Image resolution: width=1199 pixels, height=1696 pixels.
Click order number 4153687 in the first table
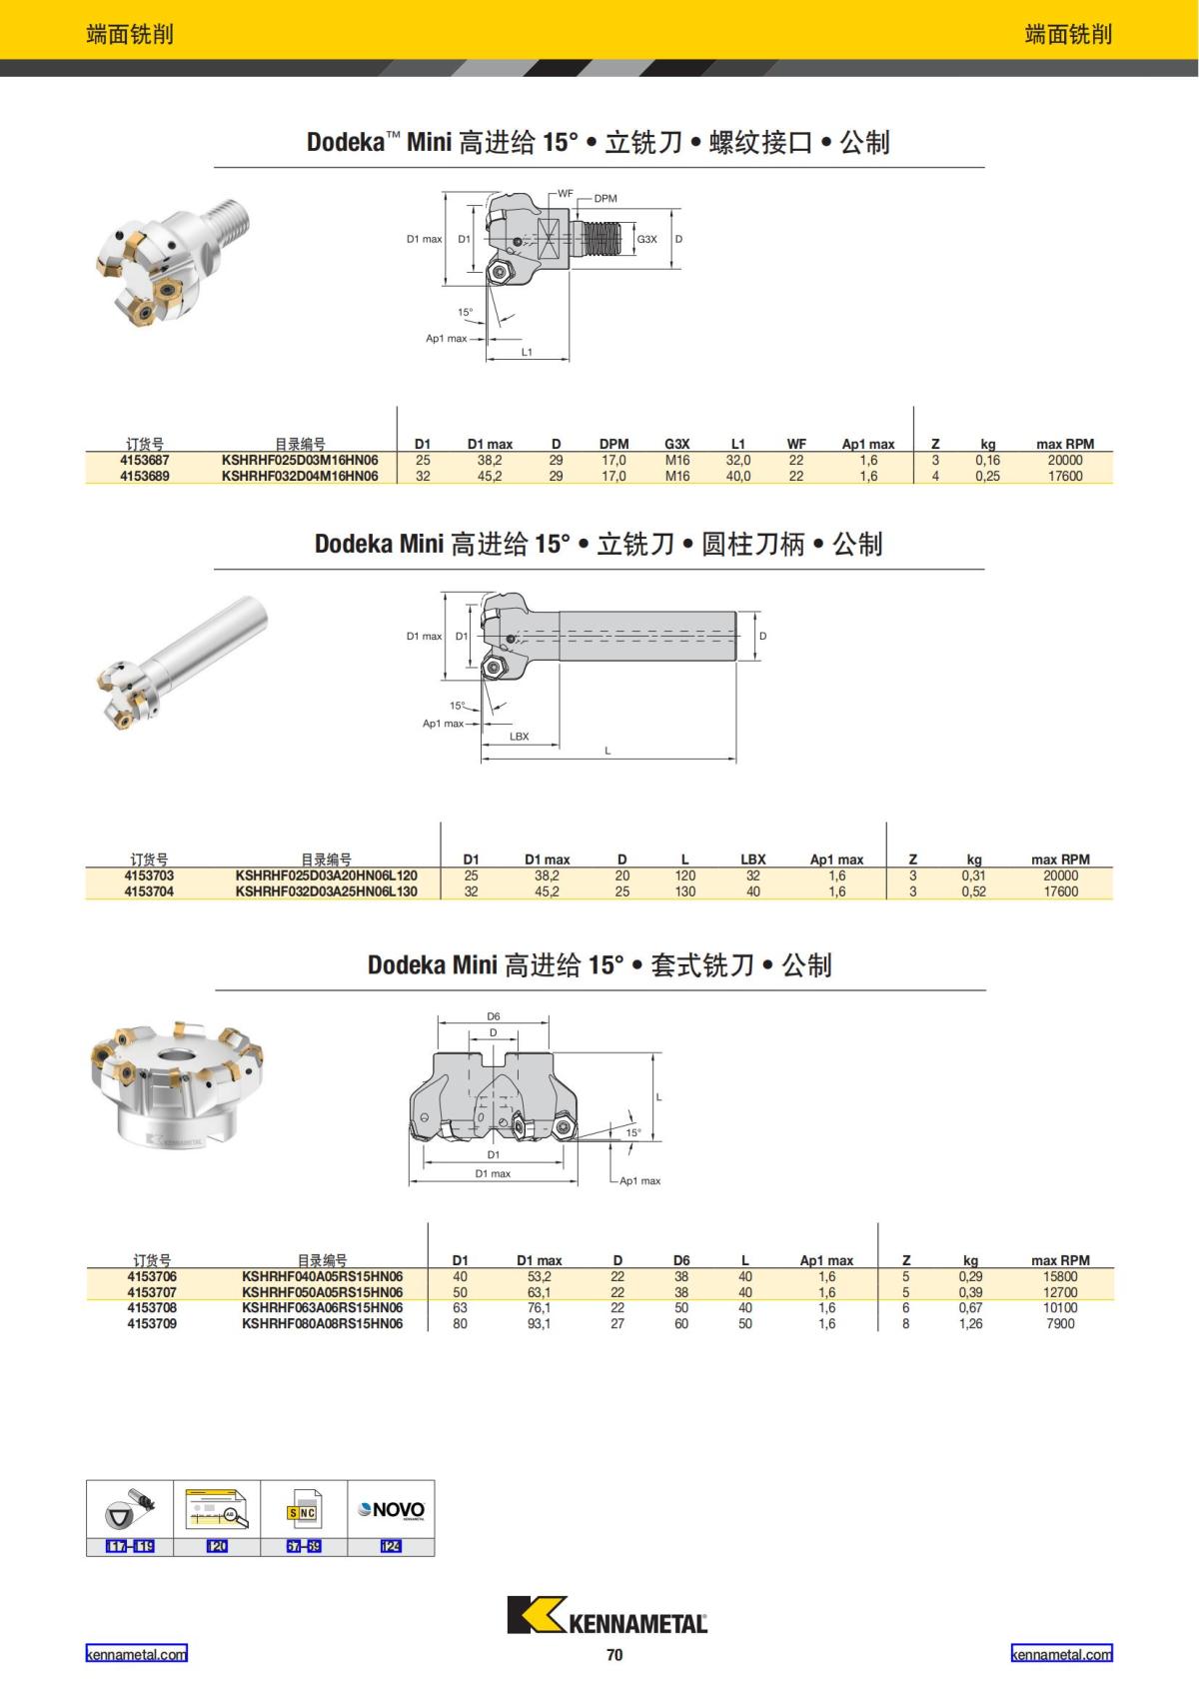click(x=145, y=461)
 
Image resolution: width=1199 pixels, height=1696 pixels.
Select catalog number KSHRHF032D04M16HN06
click(x=300, y=477)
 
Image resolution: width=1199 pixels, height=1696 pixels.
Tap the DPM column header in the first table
click(x=613, y=445)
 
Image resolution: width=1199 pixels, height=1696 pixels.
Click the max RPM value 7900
click(x=1060, y=1323)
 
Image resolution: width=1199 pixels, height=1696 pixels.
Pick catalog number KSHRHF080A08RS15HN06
click(x=323, y=1323)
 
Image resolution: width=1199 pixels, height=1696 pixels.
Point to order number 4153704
click(x=149, y=891)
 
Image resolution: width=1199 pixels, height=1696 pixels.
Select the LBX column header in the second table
click(x=753, y=860)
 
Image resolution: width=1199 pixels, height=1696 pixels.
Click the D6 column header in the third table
click(x=681, y=1260)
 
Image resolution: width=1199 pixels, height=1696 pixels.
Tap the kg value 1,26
click(x=970, y=1323)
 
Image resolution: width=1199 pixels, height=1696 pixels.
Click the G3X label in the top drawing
click(x=646, y=239)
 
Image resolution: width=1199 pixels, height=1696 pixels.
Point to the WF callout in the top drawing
click(x=566, y=194)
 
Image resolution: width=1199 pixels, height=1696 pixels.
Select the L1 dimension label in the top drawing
click(x=527, y=352)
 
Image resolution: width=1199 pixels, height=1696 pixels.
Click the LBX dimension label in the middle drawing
click(x=520, y=736)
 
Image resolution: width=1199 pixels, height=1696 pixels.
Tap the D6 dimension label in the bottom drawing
click(x=494, y=1016)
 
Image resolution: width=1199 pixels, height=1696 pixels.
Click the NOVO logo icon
click(x=392, y=1510)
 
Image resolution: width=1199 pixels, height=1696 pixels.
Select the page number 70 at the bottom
click(x=614, y=1655)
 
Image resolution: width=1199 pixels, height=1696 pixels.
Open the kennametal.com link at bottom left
click(x=136, y=1654)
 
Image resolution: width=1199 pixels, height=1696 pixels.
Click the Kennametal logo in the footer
click(x=607, y=1615)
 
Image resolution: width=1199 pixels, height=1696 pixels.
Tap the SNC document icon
click(x=304, y=1510)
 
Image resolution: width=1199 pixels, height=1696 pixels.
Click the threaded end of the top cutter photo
click(x=231, y=220)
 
